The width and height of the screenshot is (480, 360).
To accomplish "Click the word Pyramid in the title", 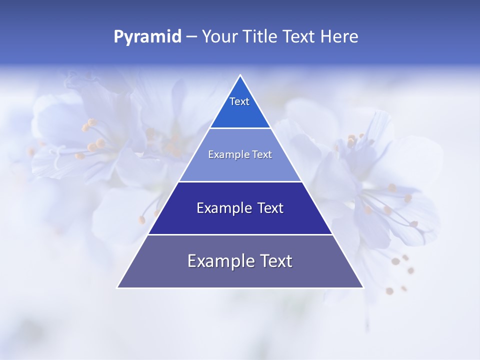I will (x=147, y=37).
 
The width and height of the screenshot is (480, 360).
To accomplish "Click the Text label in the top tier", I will (x=239, y=101).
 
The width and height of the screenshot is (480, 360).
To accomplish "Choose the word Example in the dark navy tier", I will (x=218, y=208).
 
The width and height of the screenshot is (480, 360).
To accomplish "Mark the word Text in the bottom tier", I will (x=275, y=261).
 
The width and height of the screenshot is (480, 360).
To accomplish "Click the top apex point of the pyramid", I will (x=240, y=75).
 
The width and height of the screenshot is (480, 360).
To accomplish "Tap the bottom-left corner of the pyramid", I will (x=117, y=287).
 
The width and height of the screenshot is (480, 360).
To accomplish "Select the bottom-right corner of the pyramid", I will (x=363, y=287).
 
